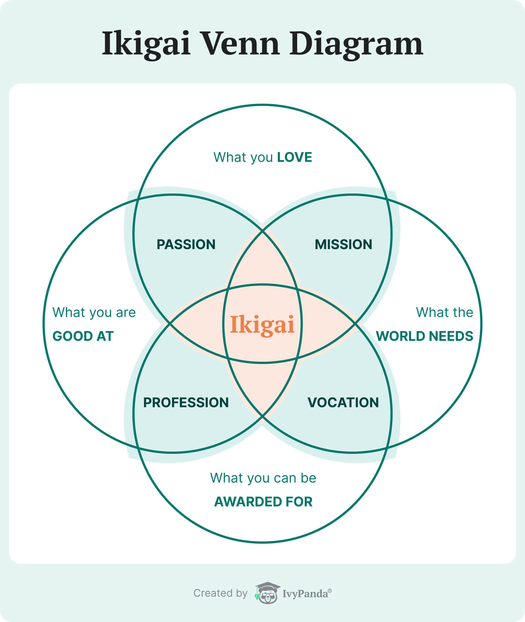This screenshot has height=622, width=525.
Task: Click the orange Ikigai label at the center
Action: (262, 324)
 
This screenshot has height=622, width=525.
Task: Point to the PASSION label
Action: (186, 245)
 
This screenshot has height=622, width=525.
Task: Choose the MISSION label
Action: (343, 245)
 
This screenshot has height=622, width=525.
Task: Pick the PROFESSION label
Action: (186, 403)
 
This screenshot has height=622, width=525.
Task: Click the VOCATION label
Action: (343, 403)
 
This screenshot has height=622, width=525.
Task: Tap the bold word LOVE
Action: (295, 157)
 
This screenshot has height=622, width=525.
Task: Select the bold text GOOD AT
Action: (83, 336)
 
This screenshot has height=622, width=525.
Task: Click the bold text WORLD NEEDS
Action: (424, 336)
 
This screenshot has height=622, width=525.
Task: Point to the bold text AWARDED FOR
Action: (263, 502)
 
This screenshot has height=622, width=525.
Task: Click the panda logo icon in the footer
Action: (267, 593)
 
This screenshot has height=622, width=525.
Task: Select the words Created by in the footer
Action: (220, 593)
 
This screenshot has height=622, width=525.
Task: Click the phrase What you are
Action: (94, 312)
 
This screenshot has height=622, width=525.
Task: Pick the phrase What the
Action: (444, 312)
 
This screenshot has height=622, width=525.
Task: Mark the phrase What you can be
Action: (263, 478)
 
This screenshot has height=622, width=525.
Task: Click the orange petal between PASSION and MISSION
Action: (262, 261)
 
